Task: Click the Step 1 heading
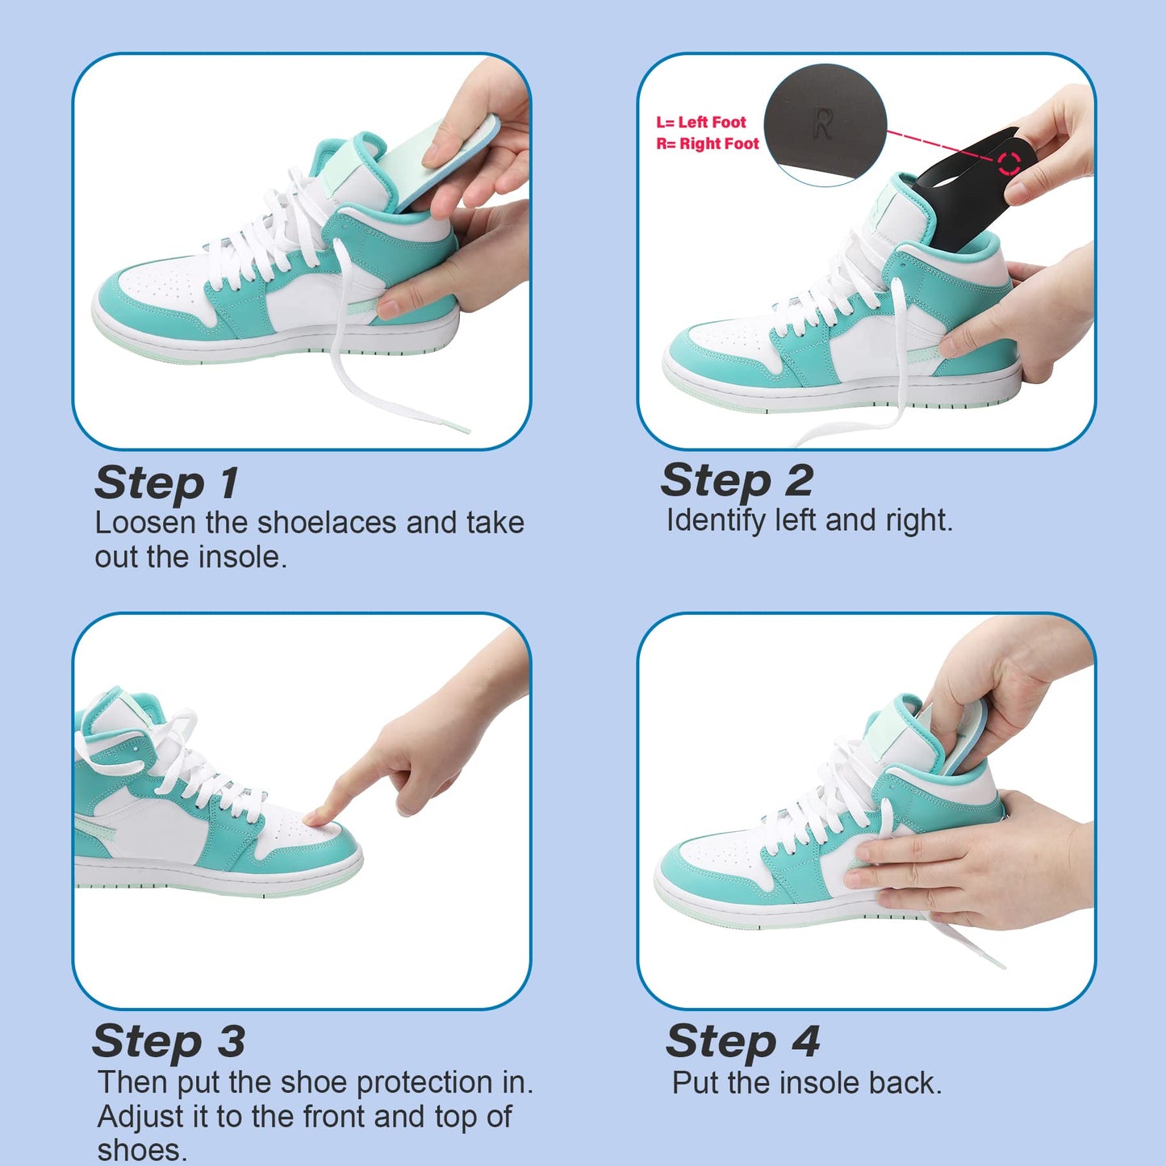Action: (x=166, y=483)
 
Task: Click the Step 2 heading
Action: (x=736, y=481)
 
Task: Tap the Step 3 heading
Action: (x=168, y=1041)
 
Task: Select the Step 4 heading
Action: (x=742, y=1041)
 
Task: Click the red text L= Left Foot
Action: (x=700, y=123)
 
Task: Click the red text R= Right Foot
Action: (x=708, y=144)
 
